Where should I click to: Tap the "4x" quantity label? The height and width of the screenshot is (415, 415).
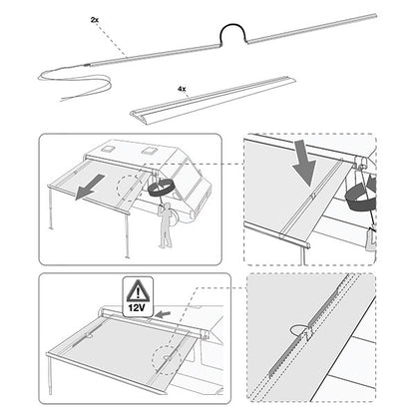coord(182,88)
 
